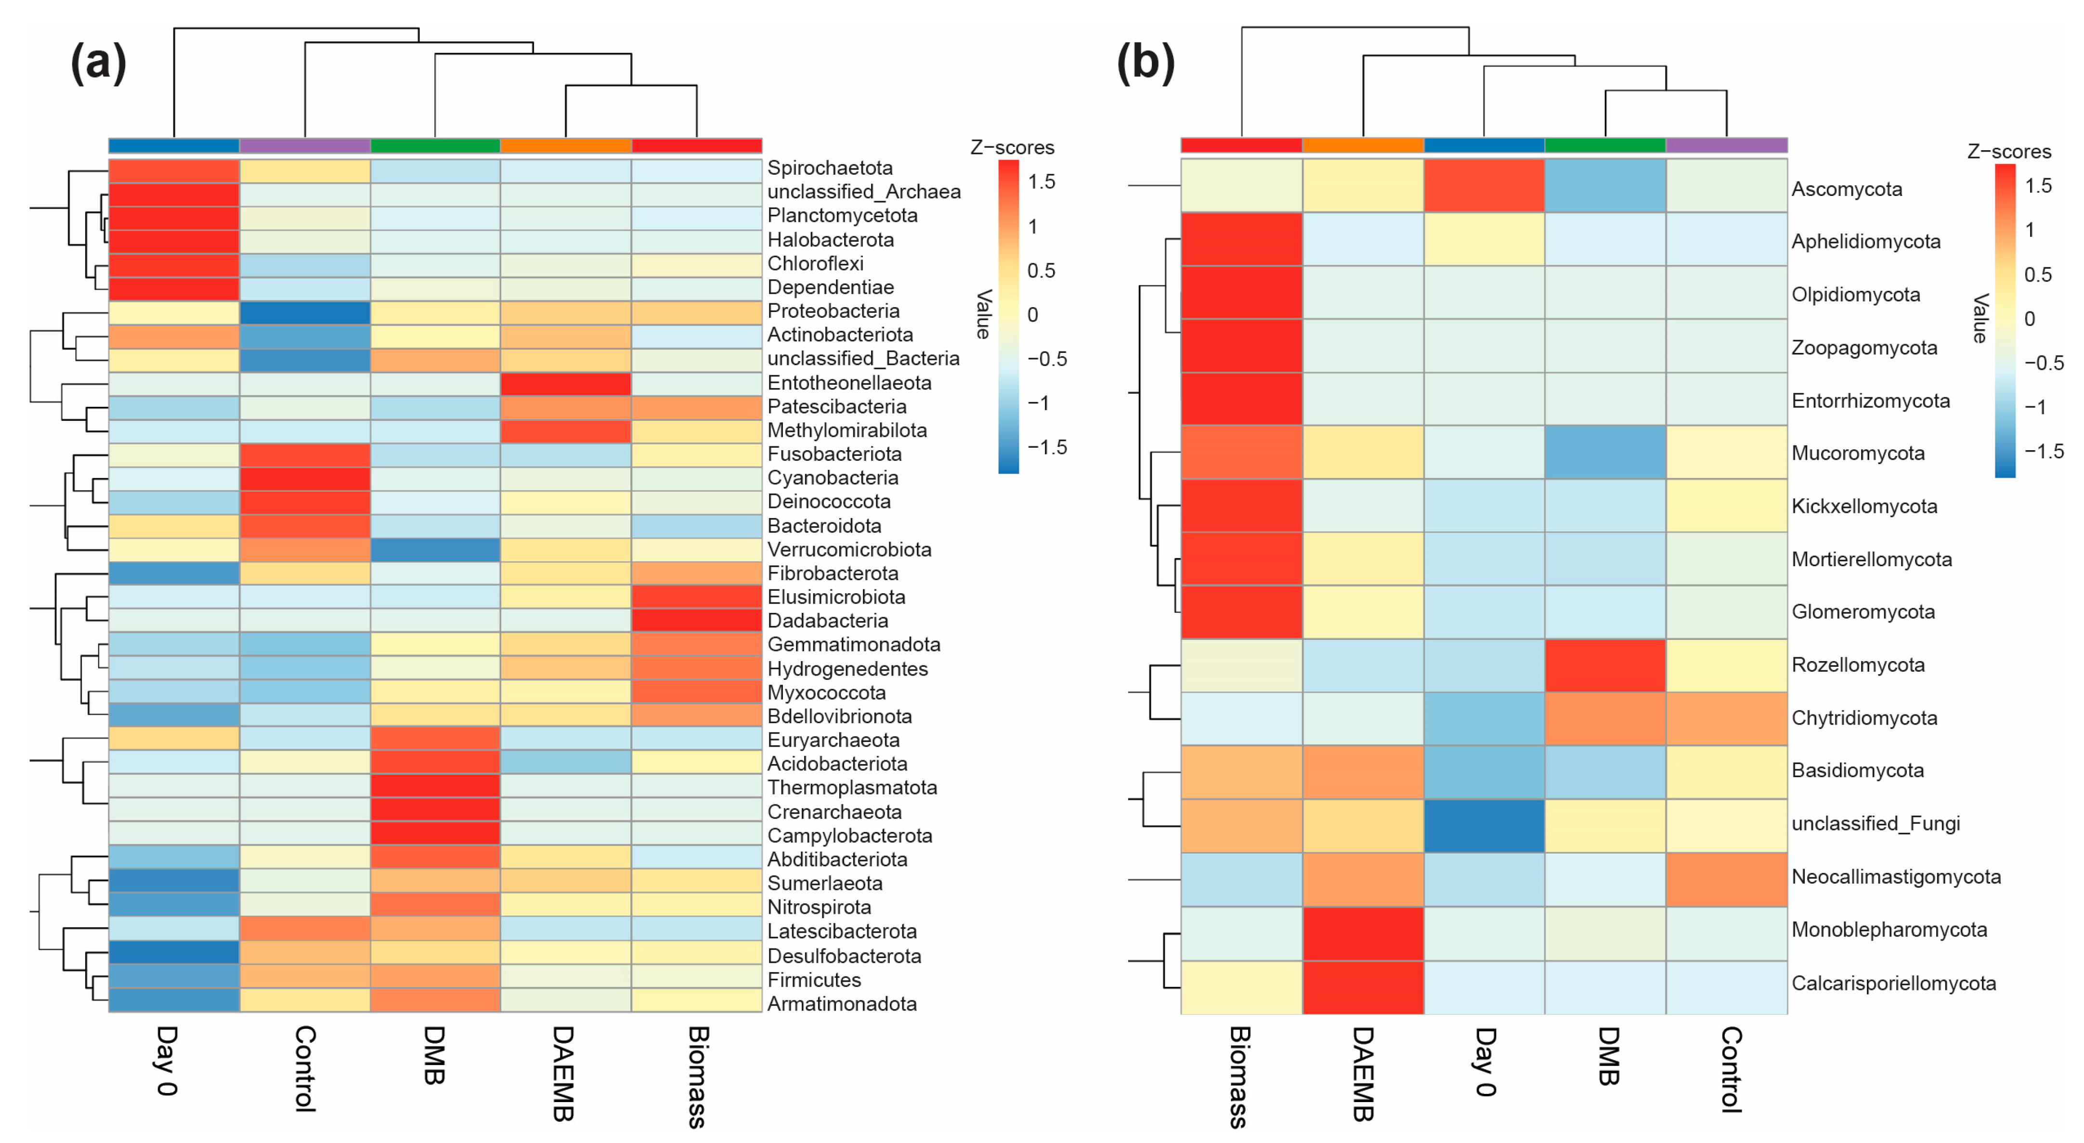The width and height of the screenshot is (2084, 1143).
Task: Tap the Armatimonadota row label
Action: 841,1004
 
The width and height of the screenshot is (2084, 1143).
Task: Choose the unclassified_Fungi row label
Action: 1876,823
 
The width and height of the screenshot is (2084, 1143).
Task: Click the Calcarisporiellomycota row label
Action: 1893,984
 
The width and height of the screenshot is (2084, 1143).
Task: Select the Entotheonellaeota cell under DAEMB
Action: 565,383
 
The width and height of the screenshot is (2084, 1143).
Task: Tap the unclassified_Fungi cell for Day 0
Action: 1484,826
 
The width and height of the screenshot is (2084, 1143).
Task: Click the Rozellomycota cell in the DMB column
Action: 1605,665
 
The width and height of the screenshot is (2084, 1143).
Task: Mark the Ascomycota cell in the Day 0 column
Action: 1484,185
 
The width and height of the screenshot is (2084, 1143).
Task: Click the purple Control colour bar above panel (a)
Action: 305,145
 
